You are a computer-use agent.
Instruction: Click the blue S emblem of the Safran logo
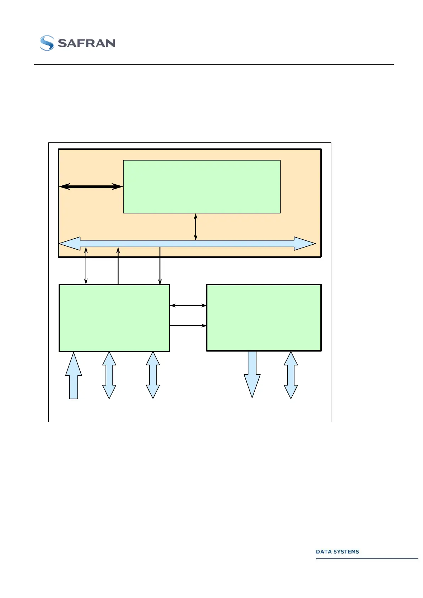[x=47, y=43]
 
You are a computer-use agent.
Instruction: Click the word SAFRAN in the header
[x=86, y=43]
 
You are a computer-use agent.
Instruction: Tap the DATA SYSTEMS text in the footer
[x=337, y=551]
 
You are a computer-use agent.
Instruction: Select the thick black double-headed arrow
[x=91, y=186]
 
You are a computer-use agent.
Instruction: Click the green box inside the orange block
[x=202, y=186]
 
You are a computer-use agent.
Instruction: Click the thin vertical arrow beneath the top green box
[x=196, y=227]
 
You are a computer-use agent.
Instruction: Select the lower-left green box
[x=114, y=318]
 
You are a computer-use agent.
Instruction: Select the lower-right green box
[x=264, y=317]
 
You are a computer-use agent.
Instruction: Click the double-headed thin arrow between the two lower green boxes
[x=188, y=305]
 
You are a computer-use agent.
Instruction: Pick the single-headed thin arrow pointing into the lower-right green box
[x=188, y=325]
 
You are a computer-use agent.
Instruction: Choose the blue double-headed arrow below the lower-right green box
[x=291, y=375]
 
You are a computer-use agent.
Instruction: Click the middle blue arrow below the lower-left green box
[x=109, y=375]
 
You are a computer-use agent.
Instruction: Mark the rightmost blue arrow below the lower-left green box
[x=153, y=375]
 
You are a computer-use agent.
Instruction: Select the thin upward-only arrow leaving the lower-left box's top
[x=118, y=266]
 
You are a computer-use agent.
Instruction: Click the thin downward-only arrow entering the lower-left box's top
[x=160, y=266]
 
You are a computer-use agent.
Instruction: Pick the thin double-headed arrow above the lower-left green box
[x=86, y=266]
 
